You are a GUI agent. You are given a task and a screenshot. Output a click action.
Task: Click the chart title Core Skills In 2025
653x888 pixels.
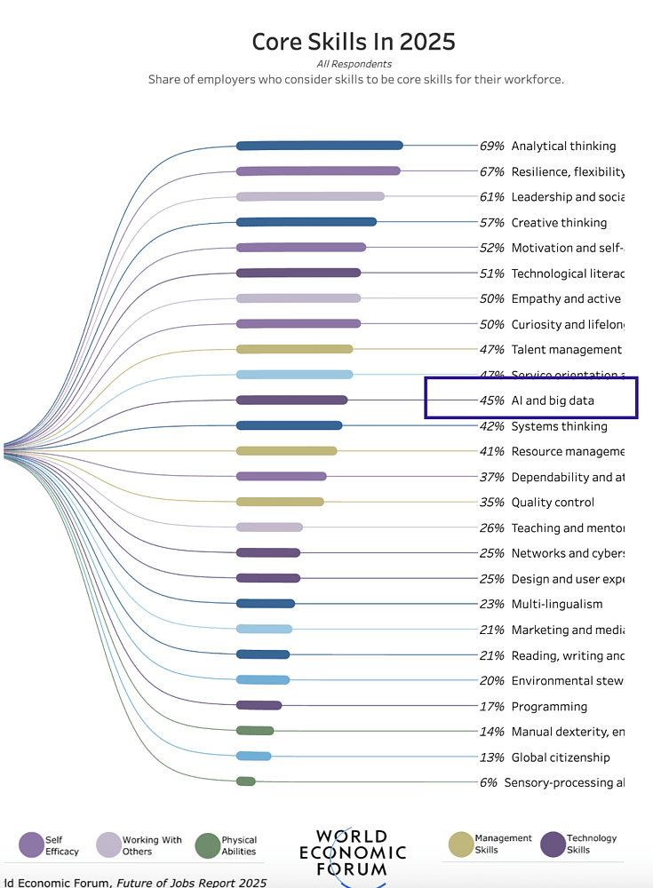pyautogui.click(x=354, y=42)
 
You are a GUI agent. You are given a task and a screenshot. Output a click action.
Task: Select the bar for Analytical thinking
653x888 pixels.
pyautogui.click(x=319, y=146)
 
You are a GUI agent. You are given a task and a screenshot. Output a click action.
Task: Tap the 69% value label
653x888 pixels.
pyautogui.click(x=492, y=146)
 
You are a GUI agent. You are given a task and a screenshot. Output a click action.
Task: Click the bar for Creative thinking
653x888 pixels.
pyautogui.click(x=306, y=222)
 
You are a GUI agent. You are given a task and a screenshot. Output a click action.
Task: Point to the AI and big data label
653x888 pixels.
pyautogui.click(x=553, y=400)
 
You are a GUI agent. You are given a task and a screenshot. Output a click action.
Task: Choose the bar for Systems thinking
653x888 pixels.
pyautogui.click(x=289, y=426)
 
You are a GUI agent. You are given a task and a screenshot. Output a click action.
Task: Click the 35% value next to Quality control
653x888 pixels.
pyautogui.click(x=492, y=503)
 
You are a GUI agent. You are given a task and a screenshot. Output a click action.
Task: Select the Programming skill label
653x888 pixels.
pyautogui.click(x=549, y=707)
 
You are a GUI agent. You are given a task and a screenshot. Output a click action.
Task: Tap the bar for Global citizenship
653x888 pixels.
pyautogui.click(x=253, y=757)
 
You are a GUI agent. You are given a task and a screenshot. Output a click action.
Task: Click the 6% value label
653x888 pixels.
pyautogui.click(x=488, y=782)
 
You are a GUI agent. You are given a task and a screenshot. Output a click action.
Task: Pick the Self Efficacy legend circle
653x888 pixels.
pyautogui.click(x=31, y=845)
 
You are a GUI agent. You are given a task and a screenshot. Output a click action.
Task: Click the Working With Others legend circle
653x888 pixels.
pyautogui.click(x=108, y=845)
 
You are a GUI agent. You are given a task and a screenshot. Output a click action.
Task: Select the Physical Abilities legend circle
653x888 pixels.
pyautogui.click(x=207, y=845)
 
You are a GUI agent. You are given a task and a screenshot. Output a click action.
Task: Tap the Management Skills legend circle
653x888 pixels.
pyautogui.click(x=461, y=844)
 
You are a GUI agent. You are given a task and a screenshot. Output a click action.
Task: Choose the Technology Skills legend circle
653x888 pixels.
pyautogui.click(x=553, y=844)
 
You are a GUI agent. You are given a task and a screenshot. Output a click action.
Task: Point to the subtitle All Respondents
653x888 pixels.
pyautogui.click(x=354, y=64)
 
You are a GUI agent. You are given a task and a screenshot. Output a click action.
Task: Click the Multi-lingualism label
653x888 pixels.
pyautogui.click(x=557, y=605)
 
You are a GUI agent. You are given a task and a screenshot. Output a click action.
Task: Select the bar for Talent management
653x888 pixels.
pyautogui.click(x=294, y=350)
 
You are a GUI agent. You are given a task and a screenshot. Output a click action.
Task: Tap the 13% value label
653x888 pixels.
pyautogui.click(x=492, y=757)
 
